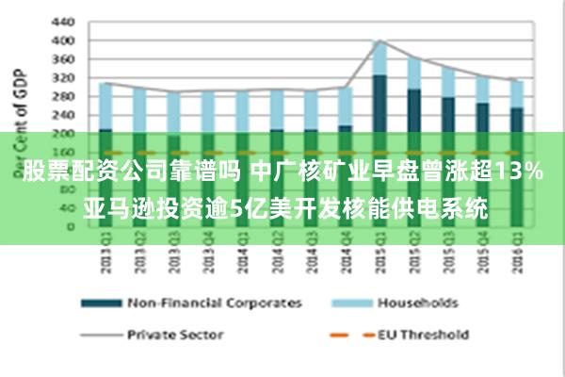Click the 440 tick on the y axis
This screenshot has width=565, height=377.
[x=62, y=22]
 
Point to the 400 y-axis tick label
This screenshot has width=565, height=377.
[x=62, y=41]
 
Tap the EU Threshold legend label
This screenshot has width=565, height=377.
[x=423, y=335]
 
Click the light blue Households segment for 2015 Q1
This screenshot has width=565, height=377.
[x=379, y=57]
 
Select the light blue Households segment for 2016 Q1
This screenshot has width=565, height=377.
[x=517, y=93]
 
